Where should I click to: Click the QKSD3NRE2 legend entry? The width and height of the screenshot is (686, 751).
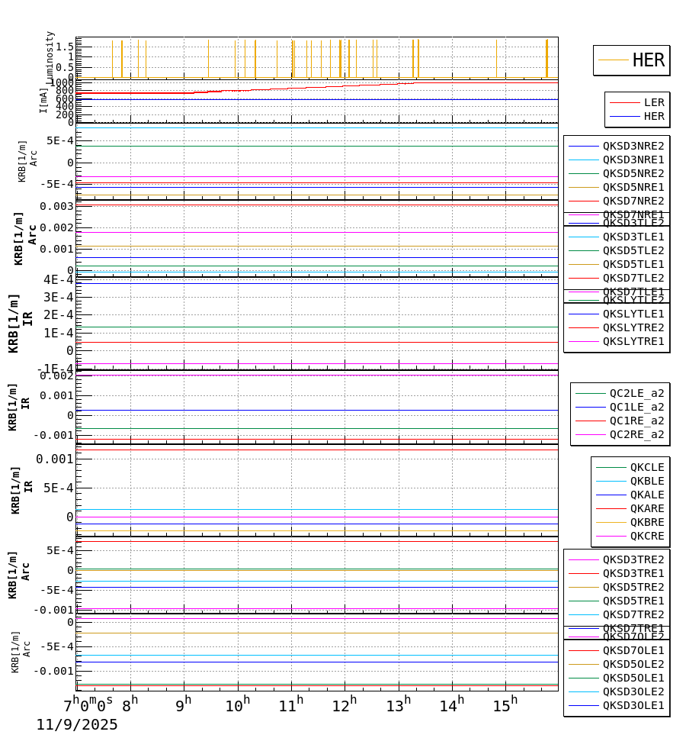pyautogui.click(x=633, y=146)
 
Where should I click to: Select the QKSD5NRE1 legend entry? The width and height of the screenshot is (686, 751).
pyautogui.click(x=633, y=187)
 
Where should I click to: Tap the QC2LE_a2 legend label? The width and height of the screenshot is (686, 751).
pyautogui.click(x=636, y=393)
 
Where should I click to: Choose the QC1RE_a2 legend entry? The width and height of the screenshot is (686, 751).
pyautogui.click(x=636, y=421)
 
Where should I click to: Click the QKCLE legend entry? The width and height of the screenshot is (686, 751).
pyautogui.click(x=646, y=467)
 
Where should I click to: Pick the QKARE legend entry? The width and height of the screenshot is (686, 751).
pyautogui.click(x=646, y=508)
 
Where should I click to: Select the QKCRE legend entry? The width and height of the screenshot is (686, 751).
pyautogui.click(x=646, y=536)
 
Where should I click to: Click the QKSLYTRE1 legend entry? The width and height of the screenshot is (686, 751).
pyautogui.click(x=633, y=341)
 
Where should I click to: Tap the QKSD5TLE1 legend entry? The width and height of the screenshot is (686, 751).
pyautogui.click(x=633, y=264)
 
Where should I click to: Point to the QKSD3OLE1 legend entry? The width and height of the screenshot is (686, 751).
pyautogui.click(x=633, y=705)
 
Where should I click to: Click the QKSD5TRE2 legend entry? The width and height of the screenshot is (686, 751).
pyautogui.click(x=633, y=587)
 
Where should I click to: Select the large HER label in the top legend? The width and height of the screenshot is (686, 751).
pyautogui.click(x=648, y=60)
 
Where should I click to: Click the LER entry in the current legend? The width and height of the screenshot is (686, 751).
pyautogui.click(x=653, y=102)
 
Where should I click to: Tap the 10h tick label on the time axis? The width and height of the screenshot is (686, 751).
pyautogui.click(x=237, y=706)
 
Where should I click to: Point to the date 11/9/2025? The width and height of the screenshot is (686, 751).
pyautogui.click(x=77, y=725)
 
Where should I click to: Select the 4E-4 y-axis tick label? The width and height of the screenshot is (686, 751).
pyautogui.click(x=58, y=279)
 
